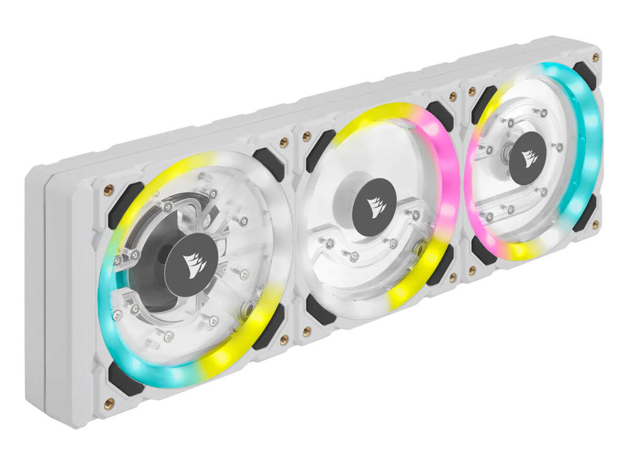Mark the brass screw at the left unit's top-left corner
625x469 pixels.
pyautogui.click(x=108, y=188)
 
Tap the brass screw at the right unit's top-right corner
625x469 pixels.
pyautogui.click(x=596, y=57)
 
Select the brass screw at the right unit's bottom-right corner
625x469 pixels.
pyautogui.click(x=595, y=225)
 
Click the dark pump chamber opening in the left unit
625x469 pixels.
pyautogui.click(x=153, y=287)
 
